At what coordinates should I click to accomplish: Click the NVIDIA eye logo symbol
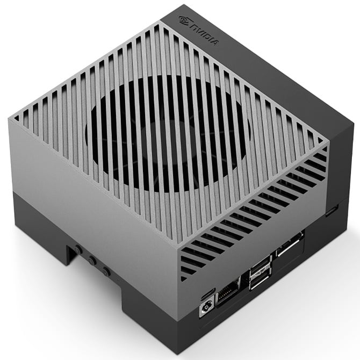pos(185,22)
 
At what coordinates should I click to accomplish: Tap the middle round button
pos(92,260)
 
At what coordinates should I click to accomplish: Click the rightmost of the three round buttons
pos(106,271)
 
